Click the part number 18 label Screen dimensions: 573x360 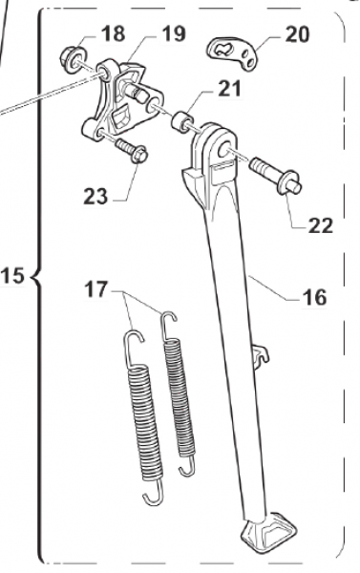[x=113, y=33]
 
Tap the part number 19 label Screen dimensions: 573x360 [x=172, y=35]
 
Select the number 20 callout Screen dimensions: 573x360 [x=297, y=35]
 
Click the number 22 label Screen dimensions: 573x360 [x=320, y=226]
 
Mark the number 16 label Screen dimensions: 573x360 [x=313, y=298]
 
